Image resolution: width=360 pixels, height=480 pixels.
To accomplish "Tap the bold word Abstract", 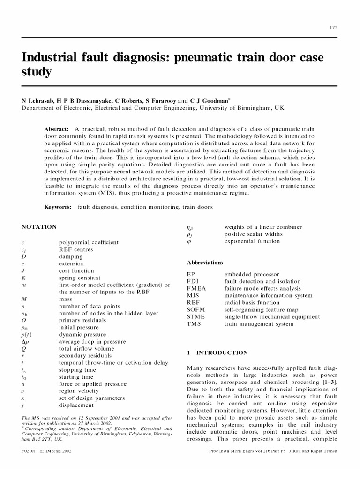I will (x=56, y=129).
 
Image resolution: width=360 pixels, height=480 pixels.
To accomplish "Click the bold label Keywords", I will (x=58, y=207).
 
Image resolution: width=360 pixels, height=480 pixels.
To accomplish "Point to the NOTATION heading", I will (x=39, y=227).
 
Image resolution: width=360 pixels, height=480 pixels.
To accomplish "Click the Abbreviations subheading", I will (x=205, y=262).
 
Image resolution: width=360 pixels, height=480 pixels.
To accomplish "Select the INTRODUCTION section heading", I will (x=222, y=352).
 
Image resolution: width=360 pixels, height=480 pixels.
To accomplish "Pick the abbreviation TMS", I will (x=194, y=324).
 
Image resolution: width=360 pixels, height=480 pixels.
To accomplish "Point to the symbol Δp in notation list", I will (x=25, y=342).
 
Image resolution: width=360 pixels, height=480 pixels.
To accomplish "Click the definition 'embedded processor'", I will (x=252, y=274).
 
